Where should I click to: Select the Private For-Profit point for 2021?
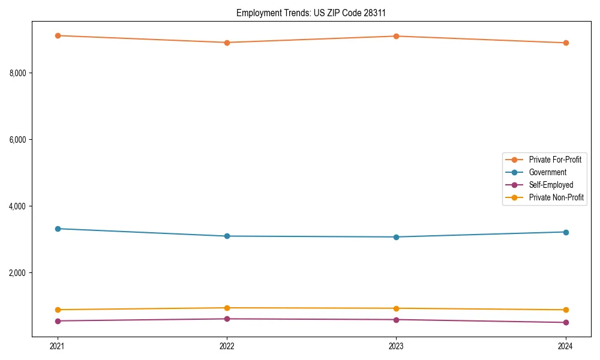(x=58, y=35)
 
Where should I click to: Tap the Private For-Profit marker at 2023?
(x=396, y=36)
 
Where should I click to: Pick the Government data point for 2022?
(x=227, y=236)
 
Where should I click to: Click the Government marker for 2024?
(x=565, y=232)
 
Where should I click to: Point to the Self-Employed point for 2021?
(x=58, y=321)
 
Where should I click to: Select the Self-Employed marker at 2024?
(x=565, y=323)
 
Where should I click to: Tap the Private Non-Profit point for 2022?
(x=227, y=308)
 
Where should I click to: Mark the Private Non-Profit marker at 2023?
(x=396, y=308)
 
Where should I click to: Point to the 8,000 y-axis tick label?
(x=21, y=73)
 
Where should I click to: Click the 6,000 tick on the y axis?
(x=21, y=140)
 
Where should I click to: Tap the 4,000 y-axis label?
(x=21, y=206)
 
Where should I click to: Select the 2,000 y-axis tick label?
(x=21, y=273)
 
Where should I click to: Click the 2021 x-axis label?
(x=58, y=346)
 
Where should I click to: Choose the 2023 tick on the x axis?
(x=396, y=346)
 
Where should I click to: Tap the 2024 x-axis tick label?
(x=565, y=346)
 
